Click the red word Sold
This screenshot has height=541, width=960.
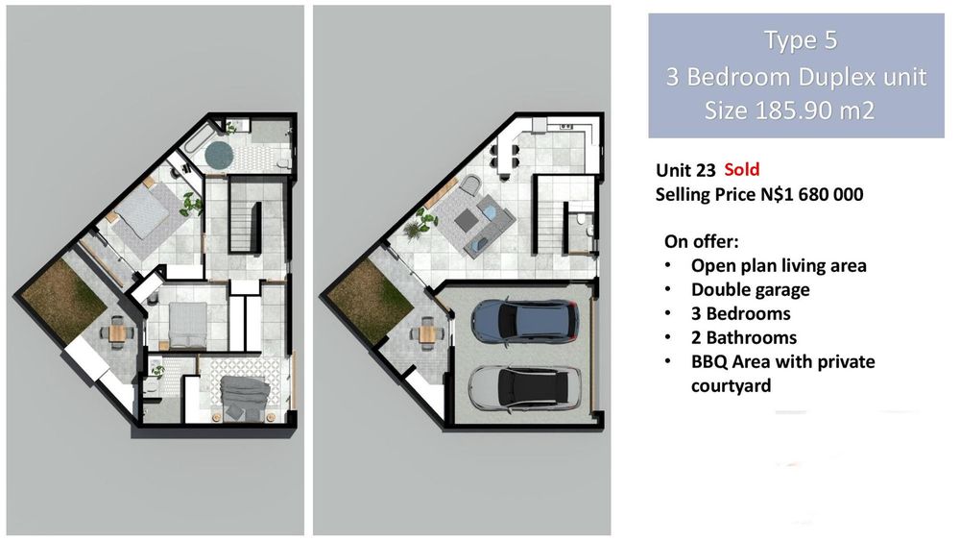[x=741, y=170]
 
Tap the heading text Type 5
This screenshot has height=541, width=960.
[x=801, y=40]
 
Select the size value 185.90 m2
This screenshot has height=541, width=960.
[x=816, y=111]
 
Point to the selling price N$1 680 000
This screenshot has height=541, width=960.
[x=812, y=194]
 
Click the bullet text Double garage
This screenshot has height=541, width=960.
[x=750, y=289]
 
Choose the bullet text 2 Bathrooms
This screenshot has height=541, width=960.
[x=744, y=337]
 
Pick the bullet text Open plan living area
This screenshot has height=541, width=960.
[x=779, y=265]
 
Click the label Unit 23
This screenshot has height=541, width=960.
[x=685, y=170]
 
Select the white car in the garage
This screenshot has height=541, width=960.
[x=524, y=388]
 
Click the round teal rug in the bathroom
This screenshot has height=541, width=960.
[x=220, y=155]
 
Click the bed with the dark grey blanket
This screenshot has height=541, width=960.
[x=244, y=397]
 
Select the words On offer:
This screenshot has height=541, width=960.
[x=702, y=241]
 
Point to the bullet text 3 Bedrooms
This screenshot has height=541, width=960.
[x=741, y=313]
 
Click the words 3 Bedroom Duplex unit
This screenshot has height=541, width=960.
[x=797, y=77]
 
